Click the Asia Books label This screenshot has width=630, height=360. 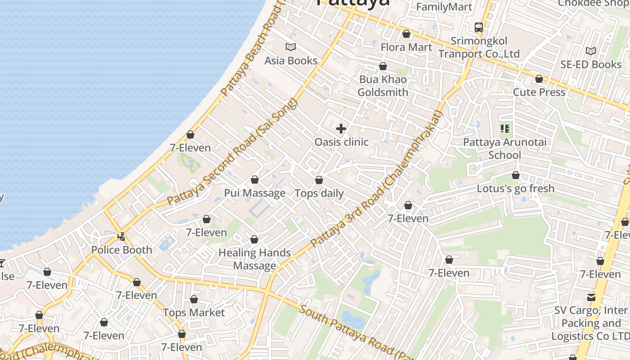291,61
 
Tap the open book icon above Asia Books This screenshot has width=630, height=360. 291,47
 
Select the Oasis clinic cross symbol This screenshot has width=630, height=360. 341,129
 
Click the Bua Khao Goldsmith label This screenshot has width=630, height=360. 382,86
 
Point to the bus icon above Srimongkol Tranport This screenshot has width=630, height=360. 479,27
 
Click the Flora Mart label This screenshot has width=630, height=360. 406,47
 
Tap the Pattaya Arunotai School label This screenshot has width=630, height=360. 505,149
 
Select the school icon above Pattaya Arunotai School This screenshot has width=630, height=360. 505,129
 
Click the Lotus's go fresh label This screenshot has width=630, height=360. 515,189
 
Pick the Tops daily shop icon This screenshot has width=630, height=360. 319,180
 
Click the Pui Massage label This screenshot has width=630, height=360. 255,193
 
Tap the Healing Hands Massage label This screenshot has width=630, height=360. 255,259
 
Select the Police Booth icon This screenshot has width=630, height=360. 121,236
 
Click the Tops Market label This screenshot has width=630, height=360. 193,313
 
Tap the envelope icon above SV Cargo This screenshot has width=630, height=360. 591,297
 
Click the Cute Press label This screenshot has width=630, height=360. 539,92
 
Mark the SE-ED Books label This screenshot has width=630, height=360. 590,65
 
